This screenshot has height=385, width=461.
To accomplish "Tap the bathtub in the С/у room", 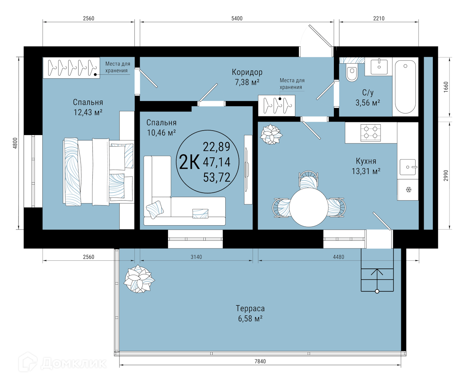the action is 405,86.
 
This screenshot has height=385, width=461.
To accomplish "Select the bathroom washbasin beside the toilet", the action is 379,67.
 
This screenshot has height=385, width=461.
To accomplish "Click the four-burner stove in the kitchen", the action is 370,132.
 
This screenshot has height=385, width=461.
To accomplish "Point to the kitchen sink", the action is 408,167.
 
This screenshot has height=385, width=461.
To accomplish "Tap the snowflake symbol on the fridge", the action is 409,189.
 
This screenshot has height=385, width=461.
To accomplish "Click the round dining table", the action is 309,208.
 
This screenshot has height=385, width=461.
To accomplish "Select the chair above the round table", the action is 308,180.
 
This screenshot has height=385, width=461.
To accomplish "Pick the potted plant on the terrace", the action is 139,279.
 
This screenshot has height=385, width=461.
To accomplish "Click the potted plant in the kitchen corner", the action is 271,135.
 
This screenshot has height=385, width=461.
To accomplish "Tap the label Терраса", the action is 250,308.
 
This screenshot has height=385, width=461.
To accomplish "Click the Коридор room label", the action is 247,72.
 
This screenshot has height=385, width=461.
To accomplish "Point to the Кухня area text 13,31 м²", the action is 366,171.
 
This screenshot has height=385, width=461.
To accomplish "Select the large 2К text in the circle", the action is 189,162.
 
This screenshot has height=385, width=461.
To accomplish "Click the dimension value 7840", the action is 260,361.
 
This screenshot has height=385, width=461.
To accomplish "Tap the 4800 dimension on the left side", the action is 15,143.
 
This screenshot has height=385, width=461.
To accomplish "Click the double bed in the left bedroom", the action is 99,172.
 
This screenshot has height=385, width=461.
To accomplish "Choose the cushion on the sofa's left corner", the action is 155,209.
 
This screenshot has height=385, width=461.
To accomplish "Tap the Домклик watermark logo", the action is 62,363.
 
